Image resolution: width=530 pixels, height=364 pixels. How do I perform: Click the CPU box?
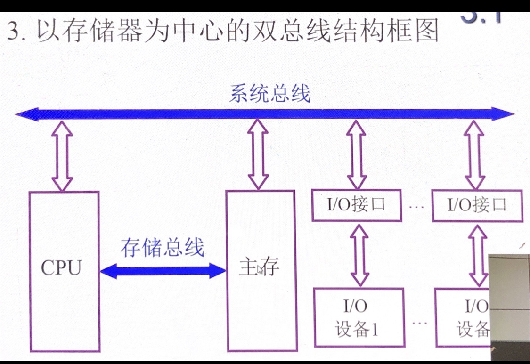coord(64,271)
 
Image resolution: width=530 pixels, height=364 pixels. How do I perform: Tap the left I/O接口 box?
coord(357,205)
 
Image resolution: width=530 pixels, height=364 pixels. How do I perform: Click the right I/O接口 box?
coord(477,205)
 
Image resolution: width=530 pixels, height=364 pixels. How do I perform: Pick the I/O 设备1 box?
coord(359,317)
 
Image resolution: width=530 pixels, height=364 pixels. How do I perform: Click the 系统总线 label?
coord(270,94)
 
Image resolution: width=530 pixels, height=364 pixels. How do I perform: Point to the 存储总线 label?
coord(162,248)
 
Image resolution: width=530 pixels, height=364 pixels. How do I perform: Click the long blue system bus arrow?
coord(264,114)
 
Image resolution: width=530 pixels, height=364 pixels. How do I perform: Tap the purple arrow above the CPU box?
coord(62,155)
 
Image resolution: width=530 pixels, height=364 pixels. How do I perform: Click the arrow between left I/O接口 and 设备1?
coord(360,255)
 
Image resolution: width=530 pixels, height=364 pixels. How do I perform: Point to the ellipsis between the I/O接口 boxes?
coord(417,206)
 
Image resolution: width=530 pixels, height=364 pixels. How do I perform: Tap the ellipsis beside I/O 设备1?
coord(419,323)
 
